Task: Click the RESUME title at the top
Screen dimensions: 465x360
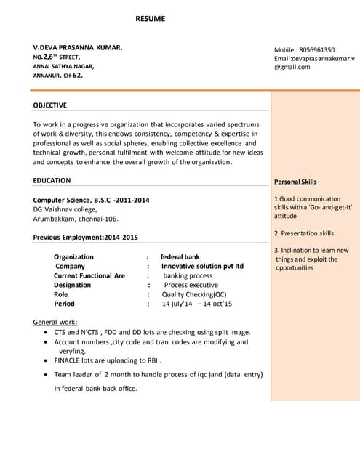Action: pos(150,18)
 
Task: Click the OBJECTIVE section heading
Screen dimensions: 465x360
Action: pos(50,105)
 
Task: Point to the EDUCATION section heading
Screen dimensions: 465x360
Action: pos(52,181)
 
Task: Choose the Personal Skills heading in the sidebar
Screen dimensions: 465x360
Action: pos(295,182)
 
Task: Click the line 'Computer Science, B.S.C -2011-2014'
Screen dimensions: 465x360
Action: pos(92,200)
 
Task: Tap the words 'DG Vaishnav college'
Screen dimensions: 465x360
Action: pos(63,209)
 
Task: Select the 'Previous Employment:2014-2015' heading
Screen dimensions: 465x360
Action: pos(85,238)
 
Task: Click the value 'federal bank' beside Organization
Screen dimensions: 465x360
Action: pos(180,257)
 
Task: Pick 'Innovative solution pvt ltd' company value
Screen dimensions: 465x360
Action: pos(202,266)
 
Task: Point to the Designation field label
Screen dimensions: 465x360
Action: pos(73,285)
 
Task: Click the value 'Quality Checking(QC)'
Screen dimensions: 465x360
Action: pos(194,294)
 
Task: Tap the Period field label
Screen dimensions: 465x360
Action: pos(64,304)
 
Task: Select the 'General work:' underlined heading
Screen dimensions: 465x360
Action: pos(56,323)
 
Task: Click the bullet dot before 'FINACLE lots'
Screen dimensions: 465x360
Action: pos(47,360)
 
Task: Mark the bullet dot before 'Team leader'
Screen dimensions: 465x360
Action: pos(47,375)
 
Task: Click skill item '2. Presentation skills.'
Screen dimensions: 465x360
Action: pos(305,233)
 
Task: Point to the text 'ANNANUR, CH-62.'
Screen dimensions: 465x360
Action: pos(58,75)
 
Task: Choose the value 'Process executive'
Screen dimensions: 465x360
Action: pos(191,285)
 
